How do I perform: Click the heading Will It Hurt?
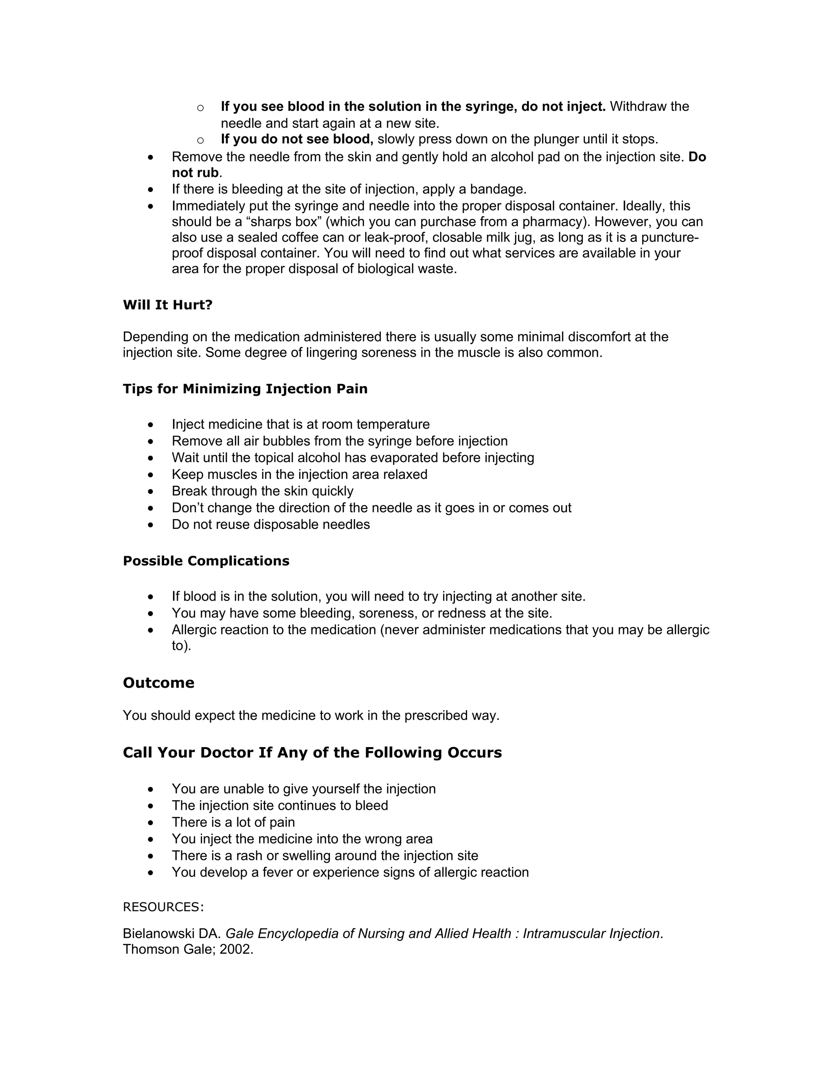pyautogui.click(x=167, y=305)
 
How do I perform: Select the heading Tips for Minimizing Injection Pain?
pyautogui.click(x=245, y=389)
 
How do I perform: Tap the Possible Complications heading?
pyautogui.click(x=206, y=561)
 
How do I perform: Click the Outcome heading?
pyautogui.click(x=158, y=683)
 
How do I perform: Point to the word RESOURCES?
pyautogui.click(x=162, y=907)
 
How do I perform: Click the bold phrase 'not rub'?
pyautogui.click(x=195, y=173)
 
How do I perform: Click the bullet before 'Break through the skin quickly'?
pyautogui.click(x=151, y=491)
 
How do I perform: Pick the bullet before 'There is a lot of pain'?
pyautogui.click(x=151, y=822)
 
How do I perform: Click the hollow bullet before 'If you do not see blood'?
pyautogui.click(x=200, y=140)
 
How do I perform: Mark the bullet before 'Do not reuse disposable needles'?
pyautogui.click(x=151, y=525)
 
